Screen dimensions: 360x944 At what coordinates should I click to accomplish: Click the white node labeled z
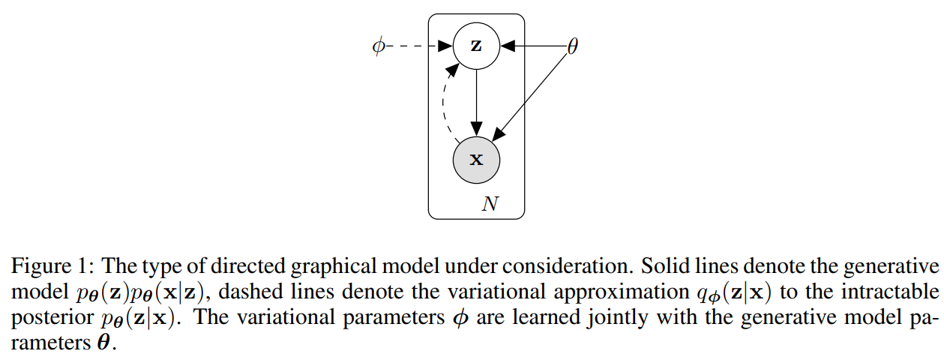click(476, 46)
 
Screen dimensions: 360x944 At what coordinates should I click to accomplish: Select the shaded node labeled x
click(476, 160)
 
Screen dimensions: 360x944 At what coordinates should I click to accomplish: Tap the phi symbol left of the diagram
click(379, 46)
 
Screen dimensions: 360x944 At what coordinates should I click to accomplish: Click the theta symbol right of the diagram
click(572, 46)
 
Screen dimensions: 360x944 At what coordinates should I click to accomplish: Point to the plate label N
click(490, 204)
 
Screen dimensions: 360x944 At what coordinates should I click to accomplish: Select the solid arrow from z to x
click(476, 101)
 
